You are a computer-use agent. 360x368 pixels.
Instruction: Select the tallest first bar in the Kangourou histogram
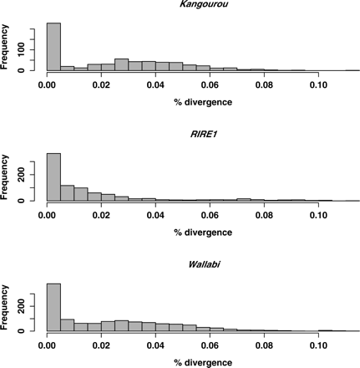[53, 47]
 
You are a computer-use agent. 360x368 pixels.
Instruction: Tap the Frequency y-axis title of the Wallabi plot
[8, 307]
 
